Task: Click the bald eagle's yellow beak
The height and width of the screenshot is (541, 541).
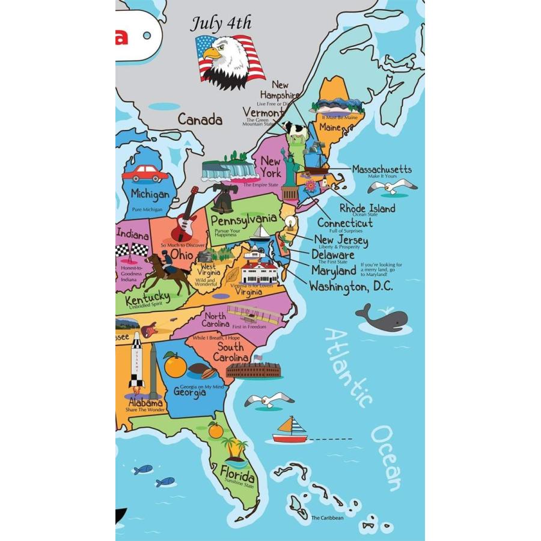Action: click(x=212, y=54)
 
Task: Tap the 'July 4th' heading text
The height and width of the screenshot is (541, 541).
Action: click(x=221, y=24)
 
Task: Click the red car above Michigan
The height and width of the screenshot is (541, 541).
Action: click(x=145, y=173)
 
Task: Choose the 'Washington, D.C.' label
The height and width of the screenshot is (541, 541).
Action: click(x=351, y=287)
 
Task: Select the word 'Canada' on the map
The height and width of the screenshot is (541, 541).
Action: click(x=200, y=120)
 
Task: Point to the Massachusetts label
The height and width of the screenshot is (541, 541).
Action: click(x=382, y=169)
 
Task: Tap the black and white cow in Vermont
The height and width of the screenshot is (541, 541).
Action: click(x=296, y=129)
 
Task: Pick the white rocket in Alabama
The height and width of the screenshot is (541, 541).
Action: click(x=136, y=361)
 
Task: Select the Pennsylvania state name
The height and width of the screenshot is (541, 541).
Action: click(x=243, y=220)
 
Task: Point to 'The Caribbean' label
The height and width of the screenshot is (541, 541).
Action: click(x=328, y=518)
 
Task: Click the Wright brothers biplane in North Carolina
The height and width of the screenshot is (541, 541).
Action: click(x=253, y=314)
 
